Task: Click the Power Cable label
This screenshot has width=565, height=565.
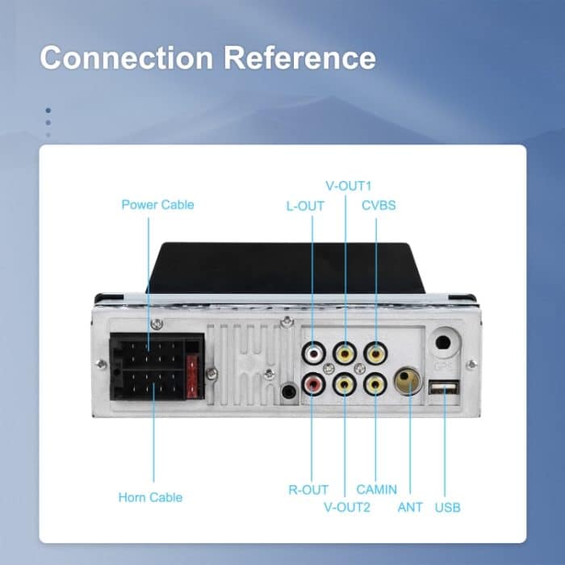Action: pyautogui.click(x=157, y=204)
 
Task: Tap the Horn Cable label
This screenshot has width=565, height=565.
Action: pyautogui.click(x=150, y=497)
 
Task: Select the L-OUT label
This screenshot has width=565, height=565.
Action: pyautogui.click(x=305, y=206)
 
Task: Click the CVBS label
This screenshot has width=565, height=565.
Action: pyautogui.click(x=378, y=206)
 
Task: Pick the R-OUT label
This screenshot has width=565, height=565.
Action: pyautogui.click(x=308, y=489)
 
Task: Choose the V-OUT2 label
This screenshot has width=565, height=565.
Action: pyautogui.click(x=347, y=508)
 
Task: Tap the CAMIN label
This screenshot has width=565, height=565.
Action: pyautogui.click(x=377, y=489)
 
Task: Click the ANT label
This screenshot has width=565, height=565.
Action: pyautogui.click(x=410, y=508)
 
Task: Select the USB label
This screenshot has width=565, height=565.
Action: pyautogui.click(x=448, y=508)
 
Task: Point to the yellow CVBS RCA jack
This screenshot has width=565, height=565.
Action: pyautogui.click(x=375, y=353)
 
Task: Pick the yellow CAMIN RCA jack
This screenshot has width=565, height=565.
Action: pyautogui.click(x=375, y=385)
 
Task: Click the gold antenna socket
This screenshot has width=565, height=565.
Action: pyautogui.click(x=407, y=380)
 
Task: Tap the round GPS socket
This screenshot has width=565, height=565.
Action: pyautogui.click(x=443, y=342)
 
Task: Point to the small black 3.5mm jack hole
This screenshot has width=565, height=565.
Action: pyautogui.click(x=289, y=393)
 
